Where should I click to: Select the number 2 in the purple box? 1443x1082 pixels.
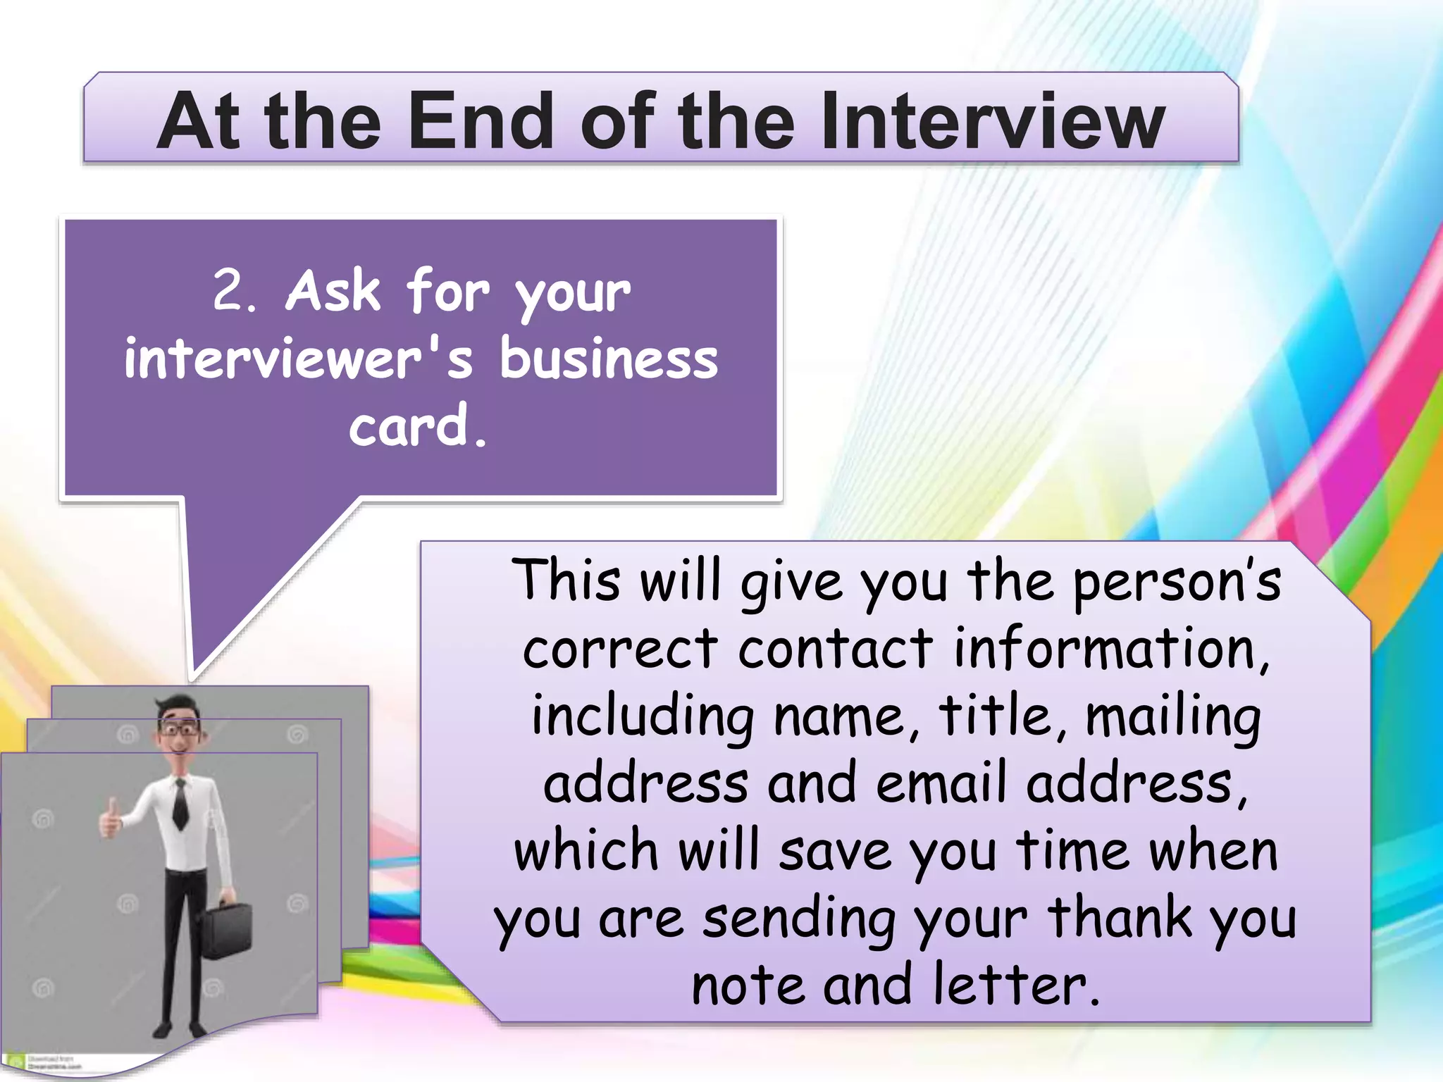229,290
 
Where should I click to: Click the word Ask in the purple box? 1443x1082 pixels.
333,290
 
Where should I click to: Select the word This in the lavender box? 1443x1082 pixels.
566,580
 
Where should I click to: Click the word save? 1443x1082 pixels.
835,851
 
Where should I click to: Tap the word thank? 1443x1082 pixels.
1120,919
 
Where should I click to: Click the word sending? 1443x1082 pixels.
800,920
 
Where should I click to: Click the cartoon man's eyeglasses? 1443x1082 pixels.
180,730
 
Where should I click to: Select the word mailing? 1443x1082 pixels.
1173,717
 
